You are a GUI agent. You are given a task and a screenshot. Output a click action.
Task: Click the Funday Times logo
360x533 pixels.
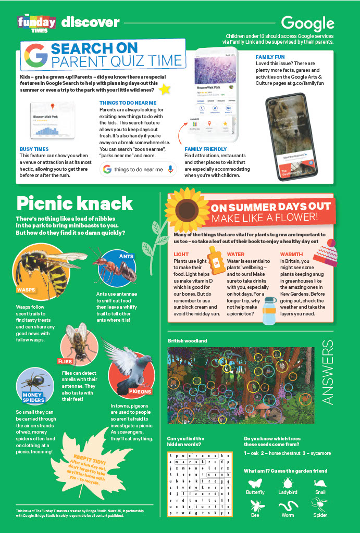click(x=36, y=23)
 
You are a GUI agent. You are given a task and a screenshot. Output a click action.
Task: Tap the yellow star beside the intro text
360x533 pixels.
click(x=165, y=89)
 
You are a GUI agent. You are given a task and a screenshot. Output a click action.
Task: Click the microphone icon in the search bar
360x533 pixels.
click(x=170, y=169)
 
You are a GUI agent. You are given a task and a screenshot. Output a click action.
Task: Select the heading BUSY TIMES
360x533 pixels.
click(x=34, y=149)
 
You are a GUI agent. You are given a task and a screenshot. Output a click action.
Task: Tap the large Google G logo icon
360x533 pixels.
click(x=35, y=56)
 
